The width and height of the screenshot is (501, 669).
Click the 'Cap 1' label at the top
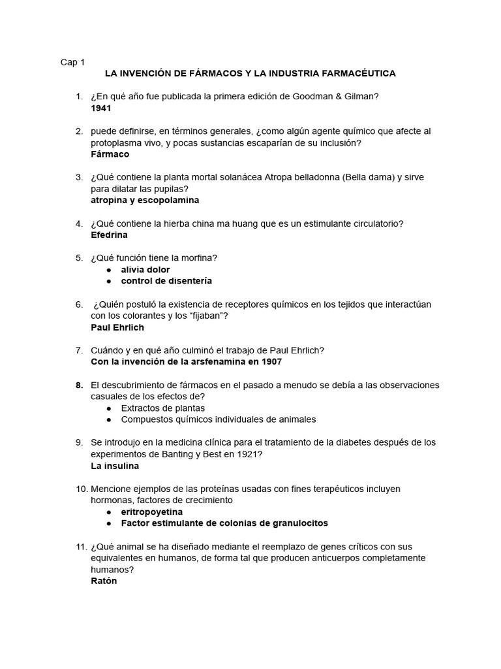(72, 62)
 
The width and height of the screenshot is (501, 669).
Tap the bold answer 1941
(101, 108)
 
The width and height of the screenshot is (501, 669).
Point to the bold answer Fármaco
(110, 154)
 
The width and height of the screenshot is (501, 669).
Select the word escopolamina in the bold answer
(170, 200)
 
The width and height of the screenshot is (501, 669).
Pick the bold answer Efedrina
(109, 235)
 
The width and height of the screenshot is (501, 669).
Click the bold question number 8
(79, 385)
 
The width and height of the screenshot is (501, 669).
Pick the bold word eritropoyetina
(152, 512)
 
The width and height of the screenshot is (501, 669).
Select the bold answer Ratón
(104, 580)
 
